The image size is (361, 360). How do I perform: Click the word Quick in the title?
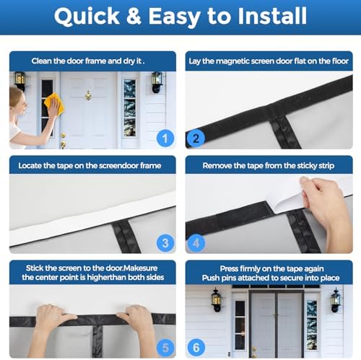(87, 17)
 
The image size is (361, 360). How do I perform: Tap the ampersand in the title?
(134, 16)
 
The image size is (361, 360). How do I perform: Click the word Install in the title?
(272, 16)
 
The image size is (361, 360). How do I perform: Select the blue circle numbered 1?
(165, 138)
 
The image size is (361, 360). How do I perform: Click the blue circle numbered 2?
(196, 138)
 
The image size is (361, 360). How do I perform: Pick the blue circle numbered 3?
(165, 242)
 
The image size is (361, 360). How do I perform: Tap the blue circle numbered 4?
(196, 242)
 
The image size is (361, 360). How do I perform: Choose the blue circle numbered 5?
(165, 348)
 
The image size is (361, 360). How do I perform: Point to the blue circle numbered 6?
(196, 348)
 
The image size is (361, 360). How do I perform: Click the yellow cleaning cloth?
(53, 104)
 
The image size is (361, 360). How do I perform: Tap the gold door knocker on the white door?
(88, 95)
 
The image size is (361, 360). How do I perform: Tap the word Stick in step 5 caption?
(35, 268)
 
